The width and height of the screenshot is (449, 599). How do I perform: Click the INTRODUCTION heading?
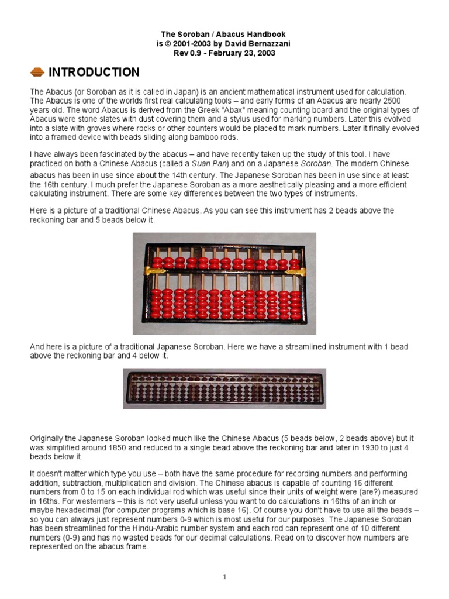[x=94, y=73]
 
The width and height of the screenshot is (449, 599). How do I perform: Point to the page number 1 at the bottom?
[x=224, y=577]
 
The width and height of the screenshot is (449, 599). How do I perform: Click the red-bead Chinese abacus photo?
[x=224, y=283]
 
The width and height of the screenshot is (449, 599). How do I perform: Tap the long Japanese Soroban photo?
[x=224, y=388]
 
